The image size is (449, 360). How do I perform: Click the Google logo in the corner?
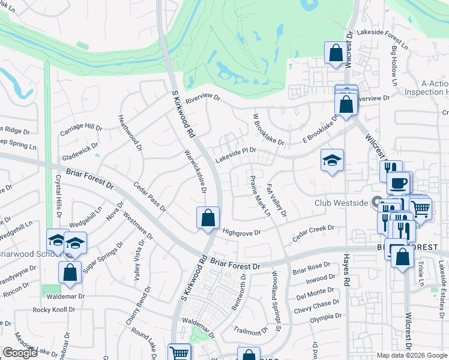(x=20, y=352)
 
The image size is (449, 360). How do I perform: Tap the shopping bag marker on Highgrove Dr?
(x=208, y=218)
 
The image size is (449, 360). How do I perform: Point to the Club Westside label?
(x=341, y=203)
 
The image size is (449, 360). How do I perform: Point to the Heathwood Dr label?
(x=130, y=133)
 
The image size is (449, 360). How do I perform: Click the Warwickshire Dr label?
(x=195, y=172)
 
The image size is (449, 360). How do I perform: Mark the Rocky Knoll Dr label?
(x=55, y=310)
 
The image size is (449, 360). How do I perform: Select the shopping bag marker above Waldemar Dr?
(x=70, y=272)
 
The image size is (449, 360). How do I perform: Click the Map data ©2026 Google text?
(x=411, y=355)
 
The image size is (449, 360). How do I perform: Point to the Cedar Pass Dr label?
(x=149, y=197)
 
